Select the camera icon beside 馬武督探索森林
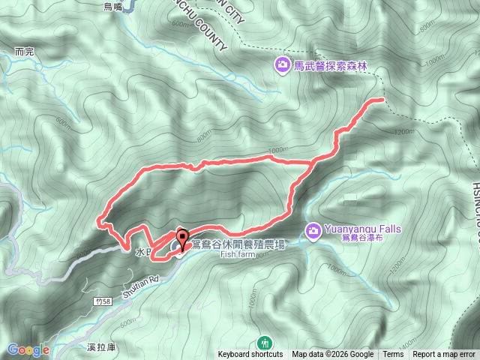282,65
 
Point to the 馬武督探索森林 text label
322,66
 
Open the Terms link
393,355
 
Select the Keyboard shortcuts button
250,355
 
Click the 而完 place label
25,52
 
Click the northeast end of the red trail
382,99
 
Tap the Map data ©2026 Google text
333,355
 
